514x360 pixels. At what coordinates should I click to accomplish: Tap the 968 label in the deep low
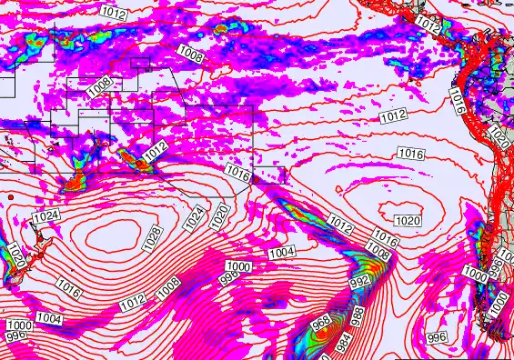point(320,323)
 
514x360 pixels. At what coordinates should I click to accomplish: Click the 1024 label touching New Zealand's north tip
point(45,216)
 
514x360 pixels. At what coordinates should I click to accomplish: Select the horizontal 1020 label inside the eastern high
point(408,221)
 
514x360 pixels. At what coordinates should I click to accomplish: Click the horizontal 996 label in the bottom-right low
point(437,337)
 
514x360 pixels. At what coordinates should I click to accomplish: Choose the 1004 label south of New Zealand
point(49,318)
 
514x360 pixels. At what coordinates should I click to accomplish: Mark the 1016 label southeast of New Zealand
point(69,290)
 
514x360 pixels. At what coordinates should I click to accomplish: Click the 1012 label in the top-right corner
point(428,24)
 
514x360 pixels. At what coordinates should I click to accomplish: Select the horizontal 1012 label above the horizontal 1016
point(393,115)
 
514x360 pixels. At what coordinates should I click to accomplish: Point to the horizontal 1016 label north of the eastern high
point(411,155)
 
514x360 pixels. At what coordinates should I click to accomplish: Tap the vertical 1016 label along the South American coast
point(457,103)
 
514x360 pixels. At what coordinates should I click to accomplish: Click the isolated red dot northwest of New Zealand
point(10,197)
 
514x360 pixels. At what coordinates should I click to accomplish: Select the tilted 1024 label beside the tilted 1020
point(193,218)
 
